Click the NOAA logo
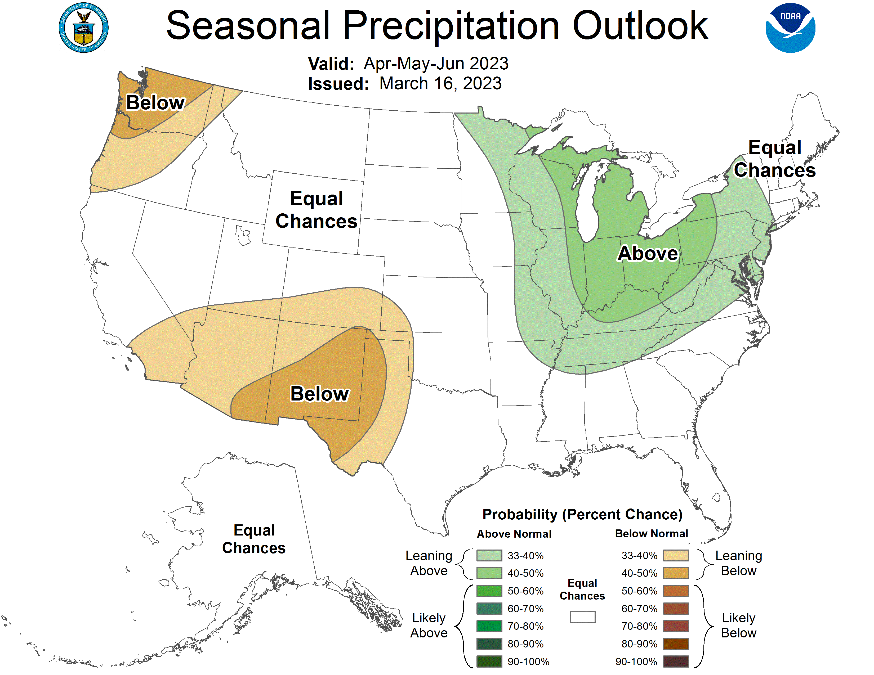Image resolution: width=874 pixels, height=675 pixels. [x=790, y=28]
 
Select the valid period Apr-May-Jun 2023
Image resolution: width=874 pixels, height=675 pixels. [x=436, y=64]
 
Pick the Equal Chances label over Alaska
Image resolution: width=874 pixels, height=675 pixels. [x=254, y=539]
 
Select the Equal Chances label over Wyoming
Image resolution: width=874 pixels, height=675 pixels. [x=316, y=210]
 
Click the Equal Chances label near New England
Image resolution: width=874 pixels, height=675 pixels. [x=774, y=159]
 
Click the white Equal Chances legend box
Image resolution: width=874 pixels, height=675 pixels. [x=582, y=616]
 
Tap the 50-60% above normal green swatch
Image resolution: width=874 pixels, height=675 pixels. [x=489, y=591]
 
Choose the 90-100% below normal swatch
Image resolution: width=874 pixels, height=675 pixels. [x=676, y=661]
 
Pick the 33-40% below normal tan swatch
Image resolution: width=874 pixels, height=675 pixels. [x=676, y=555]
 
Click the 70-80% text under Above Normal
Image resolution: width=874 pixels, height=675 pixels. [x=525, y=626]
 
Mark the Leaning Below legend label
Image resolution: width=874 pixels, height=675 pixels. [x=738, y=563]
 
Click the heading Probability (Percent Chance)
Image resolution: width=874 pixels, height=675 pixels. [x=582, y=514]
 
